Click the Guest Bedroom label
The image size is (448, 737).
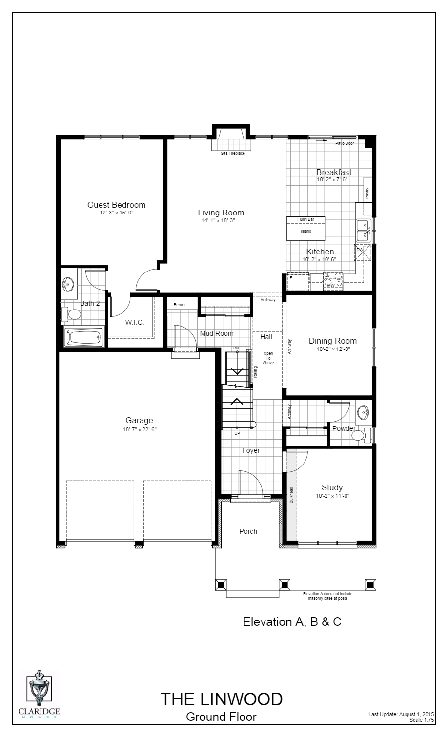[116, 205]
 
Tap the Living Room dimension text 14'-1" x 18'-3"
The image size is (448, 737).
[221, 220]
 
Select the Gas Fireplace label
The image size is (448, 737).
[232, 153]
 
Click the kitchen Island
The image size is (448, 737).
[305, 231]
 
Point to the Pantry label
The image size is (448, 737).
[367, 194]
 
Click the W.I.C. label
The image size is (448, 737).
[135, 322]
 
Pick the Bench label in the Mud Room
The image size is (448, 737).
[179, 305]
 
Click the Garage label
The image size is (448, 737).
[139, 420]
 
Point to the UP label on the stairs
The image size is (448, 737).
[237, 433]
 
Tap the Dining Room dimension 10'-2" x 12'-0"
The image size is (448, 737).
[333, 349]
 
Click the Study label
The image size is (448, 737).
[332, 487]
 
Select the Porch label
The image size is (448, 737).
[248, 531]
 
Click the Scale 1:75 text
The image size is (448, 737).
[422, 719]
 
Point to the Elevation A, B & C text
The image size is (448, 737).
[292, 622]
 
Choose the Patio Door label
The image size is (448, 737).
[344, 143]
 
